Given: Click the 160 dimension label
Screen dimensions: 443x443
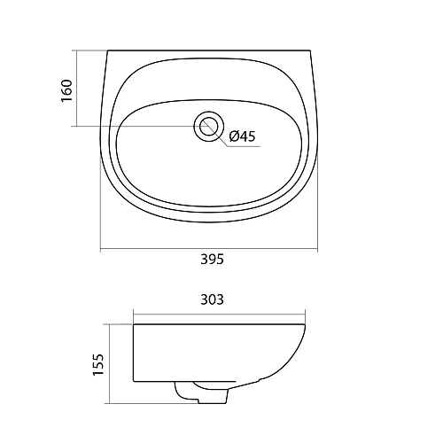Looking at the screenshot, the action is click(x=67, y=90).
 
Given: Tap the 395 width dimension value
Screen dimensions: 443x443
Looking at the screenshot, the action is click(x=212, y=260).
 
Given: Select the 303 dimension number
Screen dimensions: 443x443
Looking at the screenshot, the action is click(x=212, y=299).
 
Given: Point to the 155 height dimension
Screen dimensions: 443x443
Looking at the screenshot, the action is click(x=98, y=364).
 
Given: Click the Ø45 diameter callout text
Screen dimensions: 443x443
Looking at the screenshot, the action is click(x=242, y=136).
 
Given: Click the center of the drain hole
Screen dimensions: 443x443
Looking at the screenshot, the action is click(x=209, y=127).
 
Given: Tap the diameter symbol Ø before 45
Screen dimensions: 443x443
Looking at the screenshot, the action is click(x=234, y=136).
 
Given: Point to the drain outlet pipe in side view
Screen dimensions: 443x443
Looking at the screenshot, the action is click(x=202, y=392).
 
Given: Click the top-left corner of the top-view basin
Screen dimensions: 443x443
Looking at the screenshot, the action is click(x=107, y=51).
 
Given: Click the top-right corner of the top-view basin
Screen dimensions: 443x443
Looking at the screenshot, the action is click(x=310, y=51).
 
